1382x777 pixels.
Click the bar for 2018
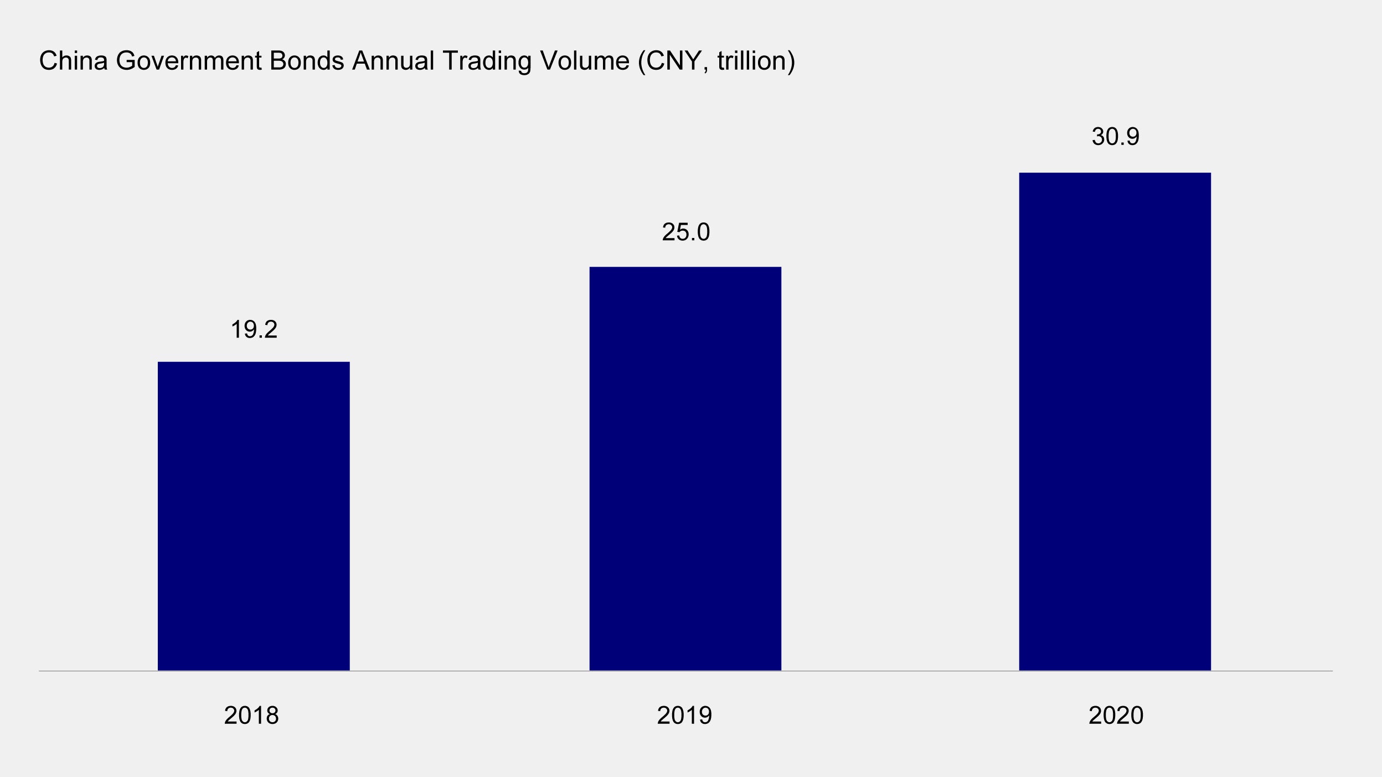coord(254,516)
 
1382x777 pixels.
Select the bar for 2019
coord(685,468)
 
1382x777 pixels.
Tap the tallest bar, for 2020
coord(1115,421)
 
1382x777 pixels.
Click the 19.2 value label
coord(254,330)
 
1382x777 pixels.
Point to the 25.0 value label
coord(685,232)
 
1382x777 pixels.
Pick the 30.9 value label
coord(1115,137)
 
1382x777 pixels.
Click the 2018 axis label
coord(251,716)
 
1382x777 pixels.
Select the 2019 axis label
coord(684,716)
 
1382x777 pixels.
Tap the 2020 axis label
coord(1116,716)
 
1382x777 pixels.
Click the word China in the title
coord(73,61)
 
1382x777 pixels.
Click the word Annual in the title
coord(393,61)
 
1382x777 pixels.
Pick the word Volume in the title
coord(585,61)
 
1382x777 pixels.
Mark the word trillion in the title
coord(751,61)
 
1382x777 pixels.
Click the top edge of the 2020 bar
coord(1115,173)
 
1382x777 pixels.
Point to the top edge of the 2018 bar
coord(254,362)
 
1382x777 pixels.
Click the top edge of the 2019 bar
coord(685,268)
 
